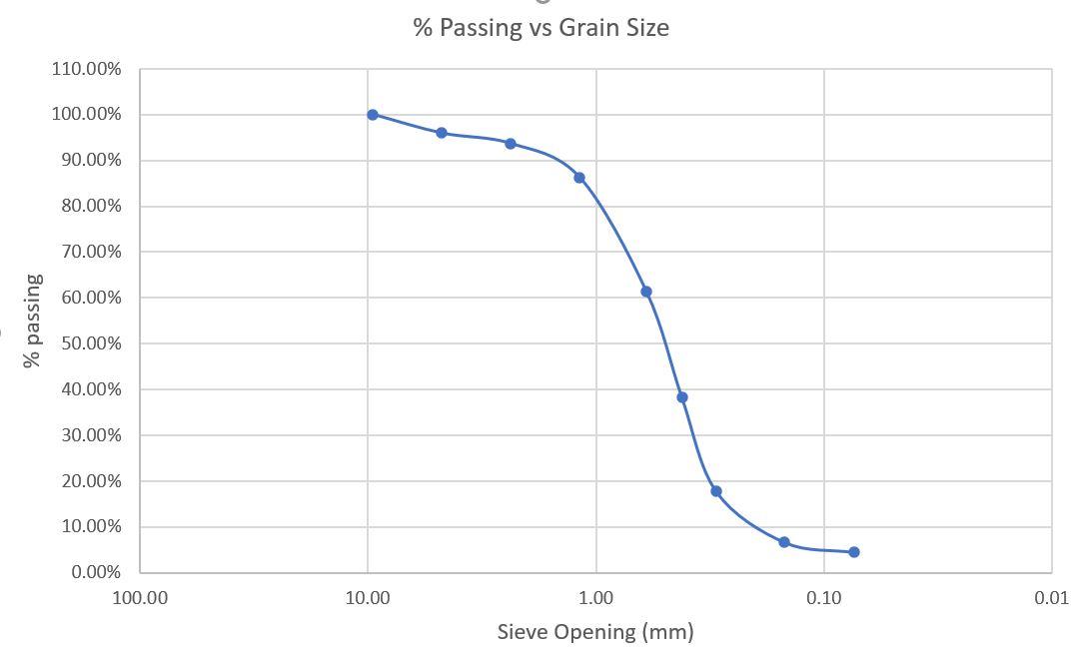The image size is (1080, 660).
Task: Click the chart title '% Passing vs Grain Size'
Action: tap(540, 28)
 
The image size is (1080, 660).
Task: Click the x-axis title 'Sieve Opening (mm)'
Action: tap(595, 631)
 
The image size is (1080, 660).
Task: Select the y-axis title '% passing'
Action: tap(34, 321)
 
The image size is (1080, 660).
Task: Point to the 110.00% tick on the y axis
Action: tap(100, 69)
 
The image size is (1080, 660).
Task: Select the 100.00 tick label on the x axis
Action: tap(140, 598)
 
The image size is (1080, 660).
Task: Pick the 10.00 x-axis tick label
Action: tap(368, 598)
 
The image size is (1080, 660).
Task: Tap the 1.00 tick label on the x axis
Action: tap(596, 598)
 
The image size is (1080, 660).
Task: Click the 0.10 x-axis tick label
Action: tap(824, 598)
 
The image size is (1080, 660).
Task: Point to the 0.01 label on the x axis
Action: tap(1052, 598)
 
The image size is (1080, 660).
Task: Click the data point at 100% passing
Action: tap(373, 115)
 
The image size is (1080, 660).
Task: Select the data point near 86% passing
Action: tap(579, 178)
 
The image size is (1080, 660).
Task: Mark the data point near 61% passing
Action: tap(646, 292)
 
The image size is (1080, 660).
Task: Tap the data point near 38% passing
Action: tap(682, 397)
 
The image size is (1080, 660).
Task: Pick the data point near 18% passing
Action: tap(716, 491)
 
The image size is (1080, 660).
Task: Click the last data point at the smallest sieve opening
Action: tap(854, 552)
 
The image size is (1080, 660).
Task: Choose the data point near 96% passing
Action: tap(442, 133)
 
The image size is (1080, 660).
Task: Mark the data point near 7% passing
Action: tap(784, 542)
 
